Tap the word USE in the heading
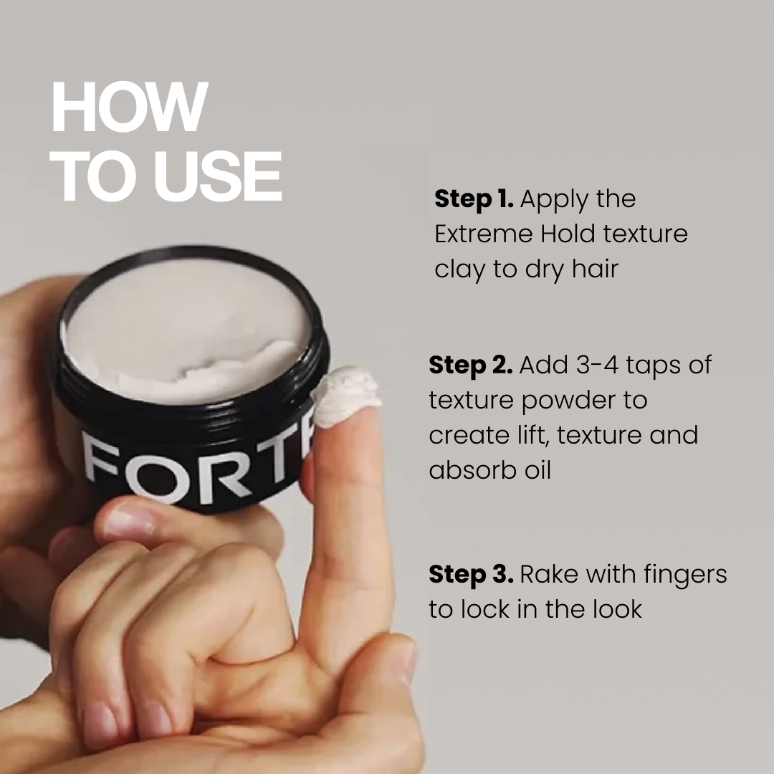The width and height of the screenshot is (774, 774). (x=219, y=176)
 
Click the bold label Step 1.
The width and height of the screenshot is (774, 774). (x=474, y=199)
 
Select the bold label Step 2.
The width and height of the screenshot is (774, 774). (x=470, y=365)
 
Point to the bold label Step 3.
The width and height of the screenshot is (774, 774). (x=471, y=574)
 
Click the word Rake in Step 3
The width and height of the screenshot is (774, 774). (x=546, y=574)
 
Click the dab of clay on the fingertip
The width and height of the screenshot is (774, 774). (x=347, y=395)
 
